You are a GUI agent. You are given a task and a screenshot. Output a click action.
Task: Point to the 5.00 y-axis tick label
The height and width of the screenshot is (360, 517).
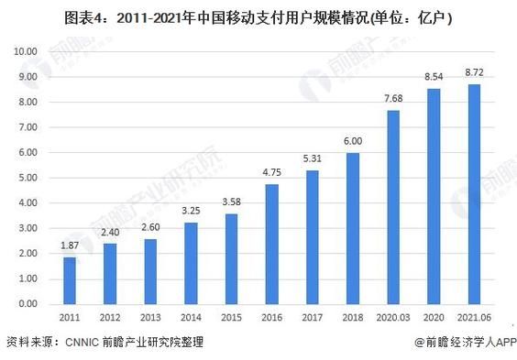pyautogui.click(x=27, y=178)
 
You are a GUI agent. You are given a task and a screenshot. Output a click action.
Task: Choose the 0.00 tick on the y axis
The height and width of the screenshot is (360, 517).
pyautogui.click(x=27, y=303)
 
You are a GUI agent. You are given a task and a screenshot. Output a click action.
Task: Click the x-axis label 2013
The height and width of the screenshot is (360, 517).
pyautogui.click(x=151, y=319)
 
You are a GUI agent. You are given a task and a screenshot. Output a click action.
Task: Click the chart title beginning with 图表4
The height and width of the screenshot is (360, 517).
pyautogui.click(x=258, y=17)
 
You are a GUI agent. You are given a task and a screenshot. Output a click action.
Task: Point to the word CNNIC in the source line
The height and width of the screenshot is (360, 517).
pyautogui.click(x=90, y=343)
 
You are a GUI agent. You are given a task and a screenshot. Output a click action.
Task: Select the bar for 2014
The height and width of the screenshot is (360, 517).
pyautogui.click(x=192, y=263)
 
